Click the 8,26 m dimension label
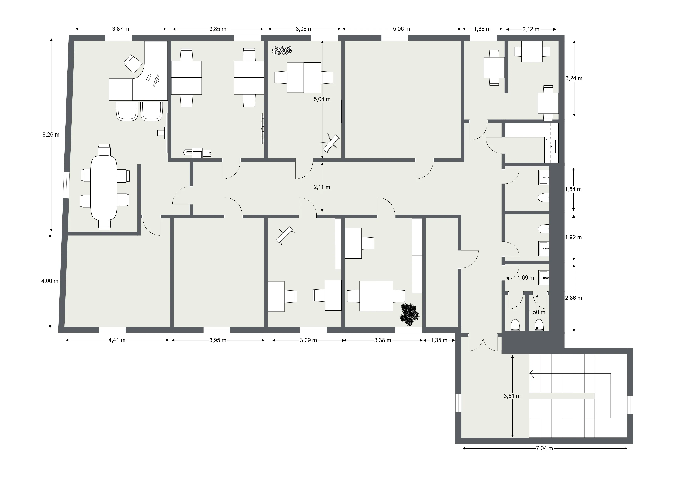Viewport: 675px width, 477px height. (x=51, y=135)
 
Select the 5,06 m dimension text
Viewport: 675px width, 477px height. (x=402, y=29)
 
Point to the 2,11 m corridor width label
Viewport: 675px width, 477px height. (x=322, y=187)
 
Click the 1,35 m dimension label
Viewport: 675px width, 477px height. (x=439, y=340)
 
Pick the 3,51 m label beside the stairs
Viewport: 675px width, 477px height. (x=512, y=396)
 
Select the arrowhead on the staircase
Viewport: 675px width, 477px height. (x=531, y=373)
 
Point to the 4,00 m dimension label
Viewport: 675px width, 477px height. (x=50, y=281)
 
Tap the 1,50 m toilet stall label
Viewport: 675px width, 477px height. (x=537, y=312)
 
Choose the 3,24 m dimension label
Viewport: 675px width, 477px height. (x=574, y=78)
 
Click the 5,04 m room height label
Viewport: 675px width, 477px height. (x=322, y=99)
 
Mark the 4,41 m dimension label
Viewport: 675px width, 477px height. (x=117, y=340)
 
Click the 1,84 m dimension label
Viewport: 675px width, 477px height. (x=573, y=189)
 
